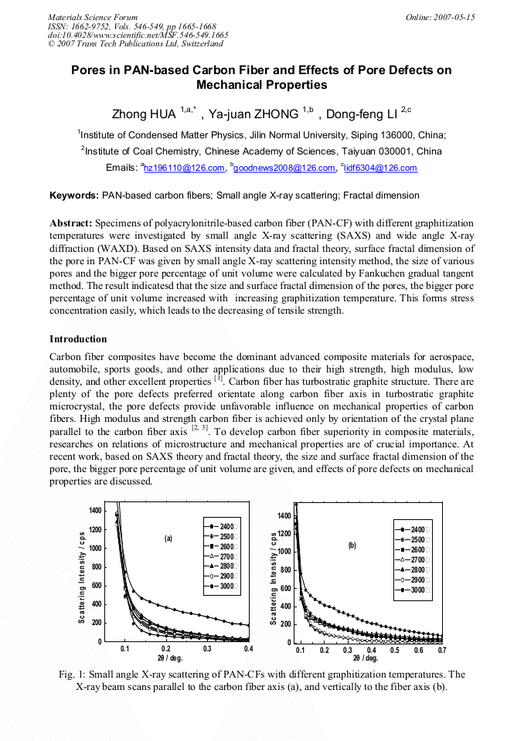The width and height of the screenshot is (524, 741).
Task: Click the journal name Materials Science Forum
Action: click(93, 17)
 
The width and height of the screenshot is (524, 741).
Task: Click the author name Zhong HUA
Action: click(145, 114)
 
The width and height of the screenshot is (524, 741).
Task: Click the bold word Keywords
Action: click(74, 195)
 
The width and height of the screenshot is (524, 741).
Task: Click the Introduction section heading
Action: click(78, 339)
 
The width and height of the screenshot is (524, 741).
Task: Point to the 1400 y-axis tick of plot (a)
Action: click(94, 511)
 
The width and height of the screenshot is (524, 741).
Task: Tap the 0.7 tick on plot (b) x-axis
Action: click(442, 651)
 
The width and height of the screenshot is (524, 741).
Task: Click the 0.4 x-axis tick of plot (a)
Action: click(247, 650)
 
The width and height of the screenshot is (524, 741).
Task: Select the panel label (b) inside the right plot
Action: click(352, 545)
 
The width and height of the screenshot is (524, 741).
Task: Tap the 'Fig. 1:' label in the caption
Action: click(74, 675)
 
